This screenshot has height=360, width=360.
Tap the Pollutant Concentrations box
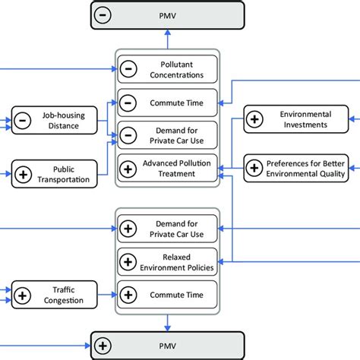click(x=167, y=69)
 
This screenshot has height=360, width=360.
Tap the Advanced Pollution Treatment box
click(x=167, y=168)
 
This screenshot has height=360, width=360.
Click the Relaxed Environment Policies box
click(x=167, y=261)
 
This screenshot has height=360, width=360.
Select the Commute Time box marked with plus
click(x=167, y=294)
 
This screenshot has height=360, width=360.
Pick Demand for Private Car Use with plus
click(x=167, y=228)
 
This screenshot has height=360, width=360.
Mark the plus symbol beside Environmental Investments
click(x=255, y=118)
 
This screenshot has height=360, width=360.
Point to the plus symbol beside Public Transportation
click(x=24, y=174)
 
